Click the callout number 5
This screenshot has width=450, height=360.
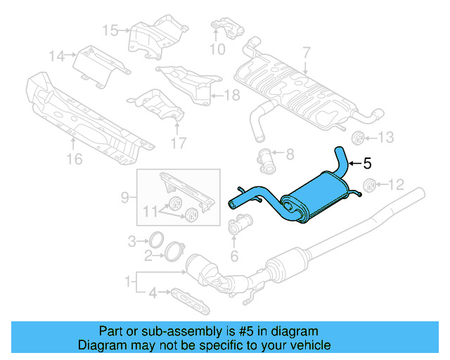coord(367,164)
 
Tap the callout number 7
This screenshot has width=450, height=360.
coord(307,52)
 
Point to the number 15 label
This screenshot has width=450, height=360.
coord(110,30)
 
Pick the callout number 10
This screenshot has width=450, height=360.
coord(217,50)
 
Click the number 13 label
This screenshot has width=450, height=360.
coord(388,136)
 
